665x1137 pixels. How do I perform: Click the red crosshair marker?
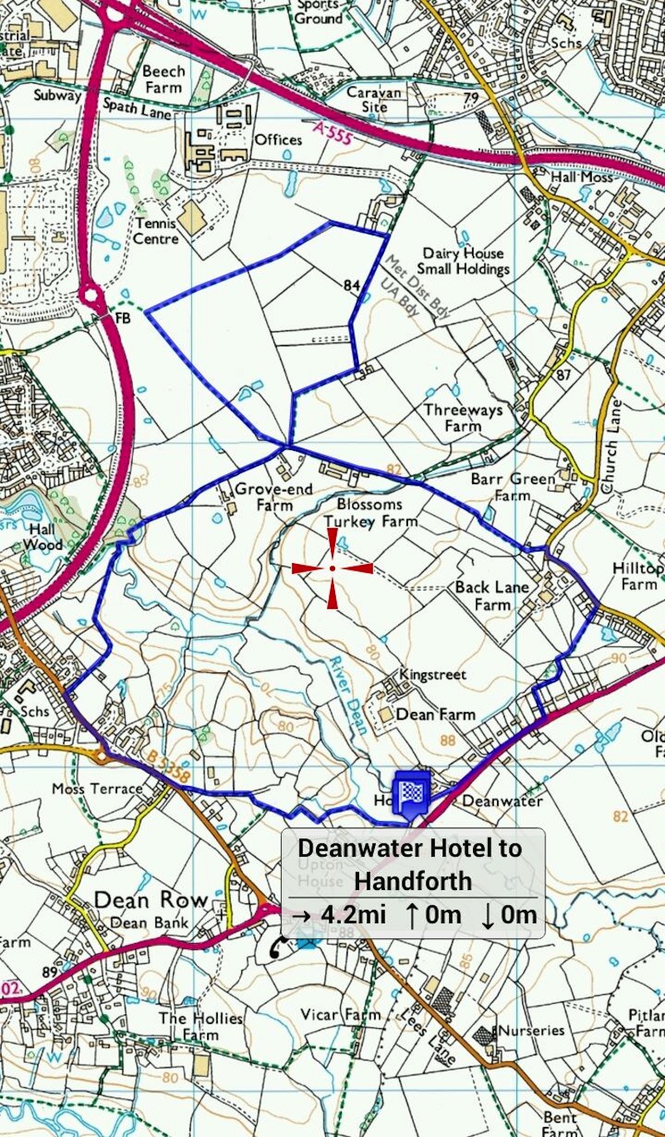click(x=332, y=568)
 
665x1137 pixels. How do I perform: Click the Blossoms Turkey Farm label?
click(x=370, y=513)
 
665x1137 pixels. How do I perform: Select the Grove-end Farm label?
click(x=274, y=497)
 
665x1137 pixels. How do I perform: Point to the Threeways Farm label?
click(x=463, y=418)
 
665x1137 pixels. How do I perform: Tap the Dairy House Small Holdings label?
click(x=463, y=261)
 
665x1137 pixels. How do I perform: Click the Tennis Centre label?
click(x=156, y=231)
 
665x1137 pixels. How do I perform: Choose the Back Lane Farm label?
click(x=492, y=596)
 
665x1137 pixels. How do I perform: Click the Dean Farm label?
click(x=435, y=714)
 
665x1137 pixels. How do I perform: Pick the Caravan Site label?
click(x=374, y=100)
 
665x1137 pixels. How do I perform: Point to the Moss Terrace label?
click(x=97, y=788)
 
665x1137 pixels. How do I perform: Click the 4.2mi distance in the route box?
click(x=341, y=915)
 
